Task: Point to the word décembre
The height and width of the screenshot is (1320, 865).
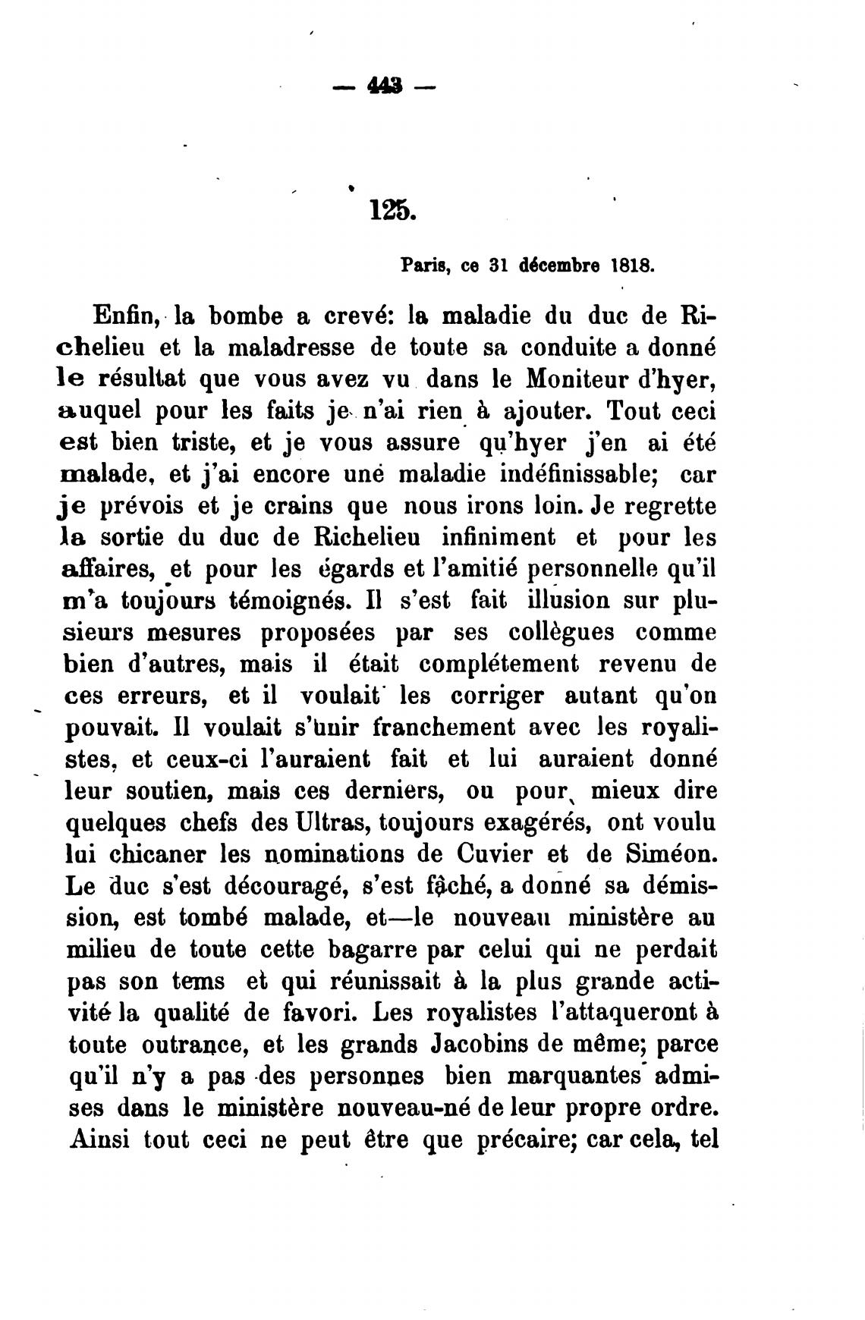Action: point(557,266)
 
